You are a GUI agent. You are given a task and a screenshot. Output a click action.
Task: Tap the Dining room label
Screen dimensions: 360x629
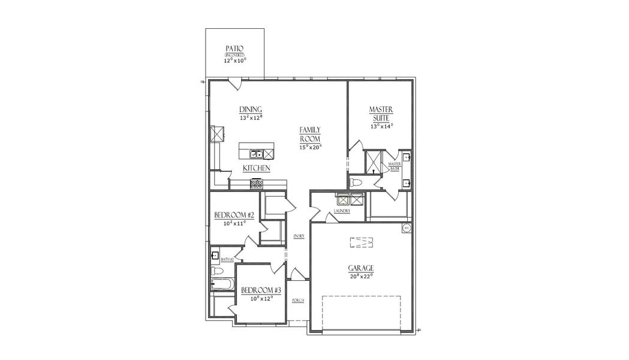(251, 109)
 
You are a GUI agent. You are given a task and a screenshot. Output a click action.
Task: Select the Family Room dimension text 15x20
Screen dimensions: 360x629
(311, 147)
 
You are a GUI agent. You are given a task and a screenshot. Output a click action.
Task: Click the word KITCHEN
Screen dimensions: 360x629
(256, 169)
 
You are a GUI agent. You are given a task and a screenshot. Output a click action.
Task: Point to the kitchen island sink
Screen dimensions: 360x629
(255, 154)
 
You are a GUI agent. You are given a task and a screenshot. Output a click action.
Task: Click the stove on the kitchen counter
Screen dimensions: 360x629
(257, 184)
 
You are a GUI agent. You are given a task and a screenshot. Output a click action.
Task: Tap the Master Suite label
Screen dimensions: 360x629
(381, 114)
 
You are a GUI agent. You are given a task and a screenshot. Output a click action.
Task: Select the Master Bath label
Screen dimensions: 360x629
(394, 166)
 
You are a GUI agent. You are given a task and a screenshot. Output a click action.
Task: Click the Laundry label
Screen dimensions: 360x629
(342, 211)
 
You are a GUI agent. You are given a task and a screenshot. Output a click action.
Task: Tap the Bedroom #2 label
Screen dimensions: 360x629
(234, 215)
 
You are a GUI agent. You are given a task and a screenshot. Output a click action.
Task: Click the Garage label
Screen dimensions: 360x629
(361, 268)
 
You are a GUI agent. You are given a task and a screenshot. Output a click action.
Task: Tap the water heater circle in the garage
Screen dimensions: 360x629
(407, 227)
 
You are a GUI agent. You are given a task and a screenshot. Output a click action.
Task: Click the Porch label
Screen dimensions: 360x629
(297, 300)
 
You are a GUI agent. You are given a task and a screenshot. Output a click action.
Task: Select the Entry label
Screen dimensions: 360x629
(299, 236)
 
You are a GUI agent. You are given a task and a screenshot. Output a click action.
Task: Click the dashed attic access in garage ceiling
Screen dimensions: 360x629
(361, 242)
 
